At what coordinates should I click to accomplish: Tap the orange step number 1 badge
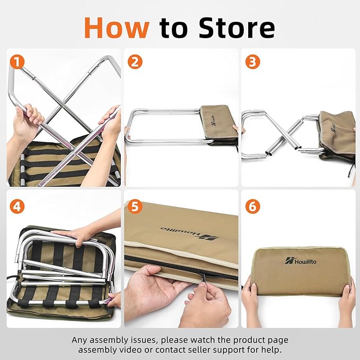coord(18,62)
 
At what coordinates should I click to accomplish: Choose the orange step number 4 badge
coord(18,206)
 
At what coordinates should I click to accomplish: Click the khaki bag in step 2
coord(218,124)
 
